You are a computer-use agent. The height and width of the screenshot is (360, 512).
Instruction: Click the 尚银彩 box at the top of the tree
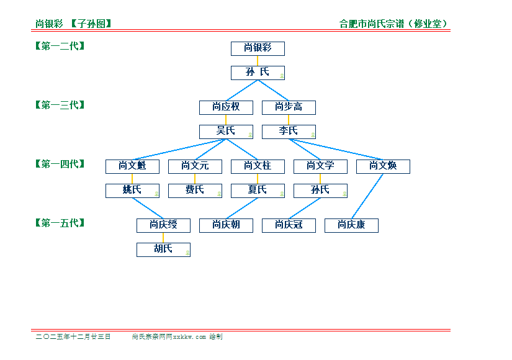pos(258,48)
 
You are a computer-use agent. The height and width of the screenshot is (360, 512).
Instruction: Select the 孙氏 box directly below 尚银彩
pos(258,72)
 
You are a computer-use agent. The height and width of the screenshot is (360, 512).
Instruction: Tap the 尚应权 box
pos(226,107)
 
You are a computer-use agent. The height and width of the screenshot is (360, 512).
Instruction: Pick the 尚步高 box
pos(289,107)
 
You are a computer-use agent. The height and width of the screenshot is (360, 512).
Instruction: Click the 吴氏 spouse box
pos(226,132)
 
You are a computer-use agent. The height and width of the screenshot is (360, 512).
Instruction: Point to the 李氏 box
pos(289,132)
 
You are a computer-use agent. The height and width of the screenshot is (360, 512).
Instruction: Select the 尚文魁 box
pos(132,166)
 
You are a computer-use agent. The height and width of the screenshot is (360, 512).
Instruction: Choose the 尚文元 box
pos(195,166)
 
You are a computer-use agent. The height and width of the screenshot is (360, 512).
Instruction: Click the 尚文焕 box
pos(383,166)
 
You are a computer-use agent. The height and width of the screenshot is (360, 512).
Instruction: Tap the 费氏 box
pos(195,191)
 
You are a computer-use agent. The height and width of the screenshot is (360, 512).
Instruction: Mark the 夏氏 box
pos(258,191)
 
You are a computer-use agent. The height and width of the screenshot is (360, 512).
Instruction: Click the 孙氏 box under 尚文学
pos(320,191)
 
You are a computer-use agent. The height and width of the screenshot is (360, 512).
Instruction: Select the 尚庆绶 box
pos(163,225)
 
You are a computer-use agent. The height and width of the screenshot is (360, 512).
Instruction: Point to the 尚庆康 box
pos(351,225)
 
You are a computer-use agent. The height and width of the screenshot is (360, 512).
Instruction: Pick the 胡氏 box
pos(163,250)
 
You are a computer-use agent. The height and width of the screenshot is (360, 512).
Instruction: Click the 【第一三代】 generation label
pos(60,105)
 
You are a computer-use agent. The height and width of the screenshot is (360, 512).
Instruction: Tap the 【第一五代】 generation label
pos(60,223)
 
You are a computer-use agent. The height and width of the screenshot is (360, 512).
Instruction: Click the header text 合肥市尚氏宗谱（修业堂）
pos(393,24)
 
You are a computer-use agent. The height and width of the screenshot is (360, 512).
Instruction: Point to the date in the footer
pos(73,336)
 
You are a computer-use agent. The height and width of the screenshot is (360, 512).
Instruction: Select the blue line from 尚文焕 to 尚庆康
pos(367,196)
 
